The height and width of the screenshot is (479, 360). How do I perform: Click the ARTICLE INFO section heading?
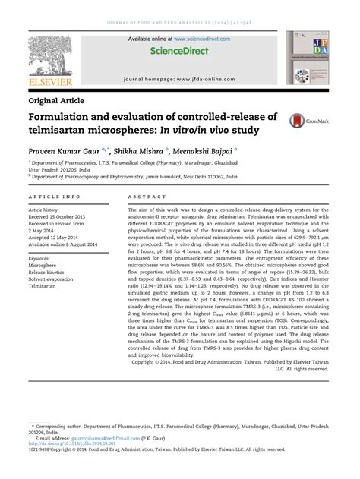point(55,196)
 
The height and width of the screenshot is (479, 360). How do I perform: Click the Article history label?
point(47,209)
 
